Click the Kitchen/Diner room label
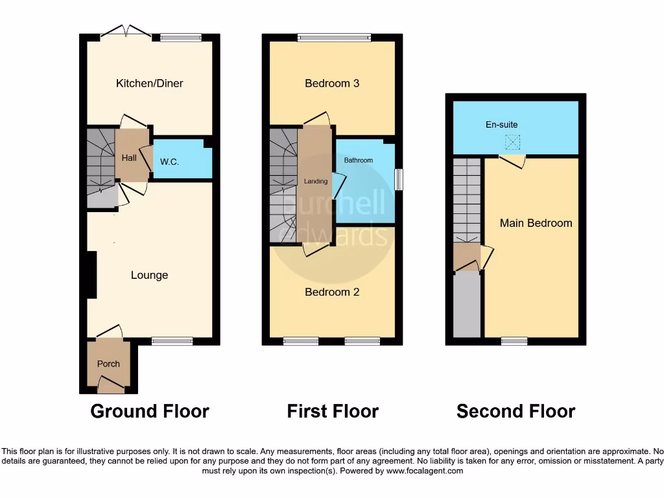pos(149,83)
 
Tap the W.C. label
pos(169,161)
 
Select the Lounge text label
pos(149,275)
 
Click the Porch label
pos(108,364)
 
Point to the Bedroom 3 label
pos(332,83)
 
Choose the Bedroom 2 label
pos(332,292)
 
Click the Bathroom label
pos(359,160)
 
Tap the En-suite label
pos(502,124)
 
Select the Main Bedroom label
pos(536,223)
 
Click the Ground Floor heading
pos(149,411)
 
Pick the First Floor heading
pos(333,411)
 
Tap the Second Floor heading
pos(516,411)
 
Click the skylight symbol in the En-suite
pos(513,141)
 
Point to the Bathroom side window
pos(398,180)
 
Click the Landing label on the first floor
pos(316,182)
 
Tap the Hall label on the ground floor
pos(128,158)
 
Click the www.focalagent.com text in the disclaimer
pos(424,471)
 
